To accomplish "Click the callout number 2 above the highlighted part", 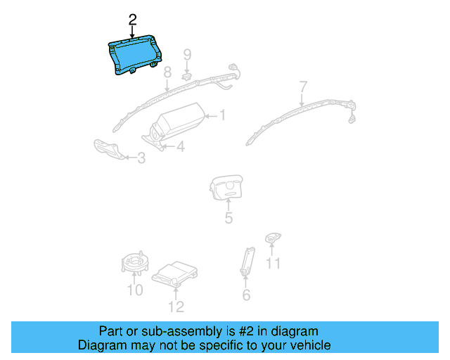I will [132, 19].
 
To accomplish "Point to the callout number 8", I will [167, 73].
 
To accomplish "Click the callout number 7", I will [303, 87].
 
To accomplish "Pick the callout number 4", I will [181, 146].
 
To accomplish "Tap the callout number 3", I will [141, 158].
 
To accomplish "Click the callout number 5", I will [229, 218].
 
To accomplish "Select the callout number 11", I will [273, 263].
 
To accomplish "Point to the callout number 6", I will [246, 295].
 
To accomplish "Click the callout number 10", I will [134, 290].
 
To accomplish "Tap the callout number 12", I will [176, 306].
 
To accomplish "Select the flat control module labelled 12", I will [174, 274].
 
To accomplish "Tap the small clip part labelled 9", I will [187, 74].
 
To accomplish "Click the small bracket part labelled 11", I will [272, 239].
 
